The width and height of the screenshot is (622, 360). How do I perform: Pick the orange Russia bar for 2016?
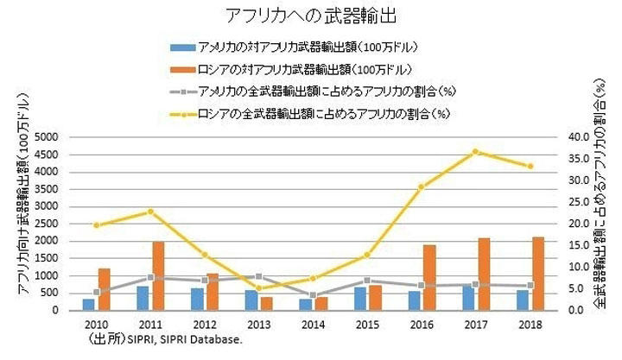(429, 277)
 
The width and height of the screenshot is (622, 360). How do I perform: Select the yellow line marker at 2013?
(258, 288)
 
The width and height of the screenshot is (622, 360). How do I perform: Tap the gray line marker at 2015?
(367, 281)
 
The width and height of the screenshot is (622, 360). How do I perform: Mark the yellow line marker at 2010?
(96, 225)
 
